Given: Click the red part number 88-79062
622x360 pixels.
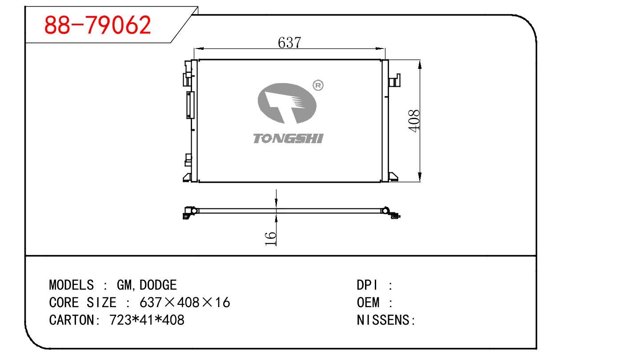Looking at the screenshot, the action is (97, 25).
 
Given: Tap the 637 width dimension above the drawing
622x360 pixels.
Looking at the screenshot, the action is (289, 43).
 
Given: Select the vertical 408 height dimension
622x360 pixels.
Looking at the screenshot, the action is (414, 121).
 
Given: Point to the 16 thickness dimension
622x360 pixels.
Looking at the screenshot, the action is (270, 239).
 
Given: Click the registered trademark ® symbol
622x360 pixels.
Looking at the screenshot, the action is (318, 85).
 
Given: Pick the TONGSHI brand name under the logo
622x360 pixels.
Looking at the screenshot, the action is (288, 139).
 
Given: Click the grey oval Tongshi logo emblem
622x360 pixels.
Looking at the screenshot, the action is (287, 104).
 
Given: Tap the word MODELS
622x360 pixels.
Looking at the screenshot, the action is (72, 285).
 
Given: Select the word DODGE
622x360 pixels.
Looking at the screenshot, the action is (158, 285).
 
